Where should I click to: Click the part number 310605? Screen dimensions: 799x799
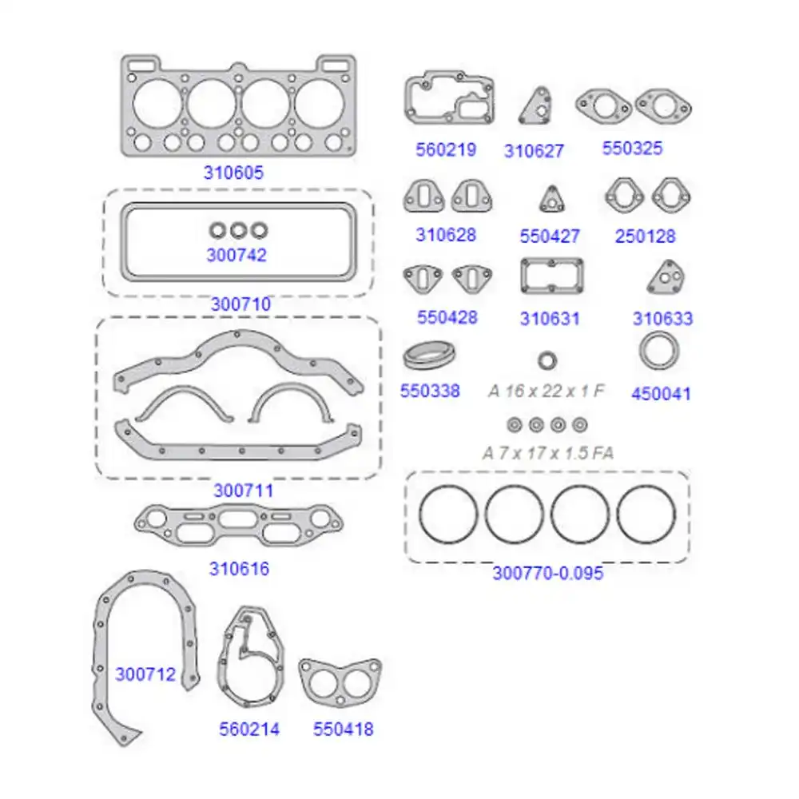[x=233, y=173]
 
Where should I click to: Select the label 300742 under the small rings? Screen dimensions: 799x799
[x=237, y=256]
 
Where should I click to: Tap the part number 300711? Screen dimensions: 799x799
[x=243, y=491]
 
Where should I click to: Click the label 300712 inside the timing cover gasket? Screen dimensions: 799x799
[x=145, y=674]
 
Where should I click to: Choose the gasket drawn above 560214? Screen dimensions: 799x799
[x=250, y=662]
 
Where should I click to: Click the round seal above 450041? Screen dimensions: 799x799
[x=661, y=352]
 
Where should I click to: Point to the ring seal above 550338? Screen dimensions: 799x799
[x=430, y=356]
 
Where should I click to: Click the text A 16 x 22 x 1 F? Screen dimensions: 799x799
[x=547, y=392]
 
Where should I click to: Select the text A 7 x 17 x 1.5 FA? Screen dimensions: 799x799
[x=548, y=453]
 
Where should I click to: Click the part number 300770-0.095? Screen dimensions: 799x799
[x=547, y=573]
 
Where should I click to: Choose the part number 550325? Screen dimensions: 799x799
[x=632, y=149]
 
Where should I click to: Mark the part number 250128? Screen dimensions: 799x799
[x=645, y=237]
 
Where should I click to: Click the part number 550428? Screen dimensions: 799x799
[x=447, y=317]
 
